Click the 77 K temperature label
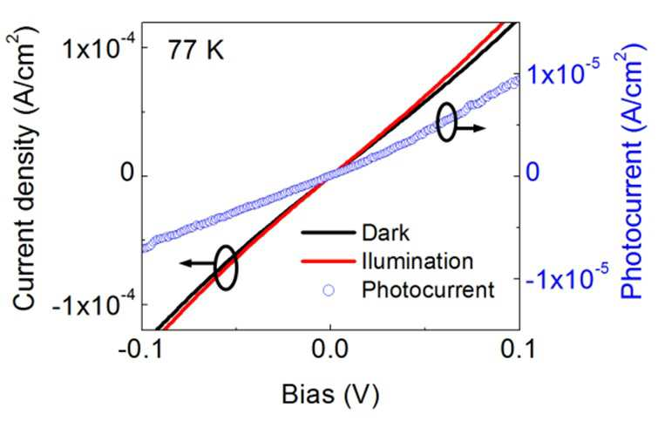tap(196, 51)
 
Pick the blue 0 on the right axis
tap(533, 173)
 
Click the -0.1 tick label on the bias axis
tap(140, 350)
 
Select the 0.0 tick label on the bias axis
tap(330, 350)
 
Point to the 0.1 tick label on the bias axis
tap(519, 350)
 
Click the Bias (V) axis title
tap(330, 395)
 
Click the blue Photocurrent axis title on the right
tap(631, 173)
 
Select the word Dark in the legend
tap(385, 233)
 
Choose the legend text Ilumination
tap(418, 261)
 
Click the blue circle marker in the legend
tap(329, 290)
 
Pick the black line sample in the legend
tap(329, 233)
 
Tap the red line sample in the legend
tap(329, 261)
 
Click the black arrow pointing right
tap(470, 128)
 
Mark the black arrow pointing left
tap(197, 263)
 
